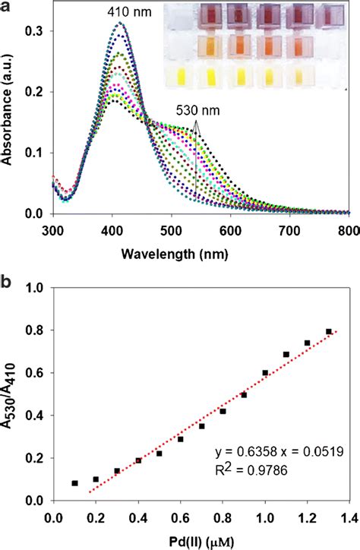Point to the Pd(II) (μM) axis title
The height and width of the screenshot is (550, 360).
[201, 540]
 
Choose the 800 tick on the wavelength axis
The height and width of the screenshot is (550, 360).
[349, 228]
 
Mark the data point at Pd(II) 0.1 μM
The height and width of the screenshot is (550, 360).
[74, 483]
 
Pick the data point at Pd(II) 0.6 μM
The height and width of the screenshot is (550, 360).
[181, 439]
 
